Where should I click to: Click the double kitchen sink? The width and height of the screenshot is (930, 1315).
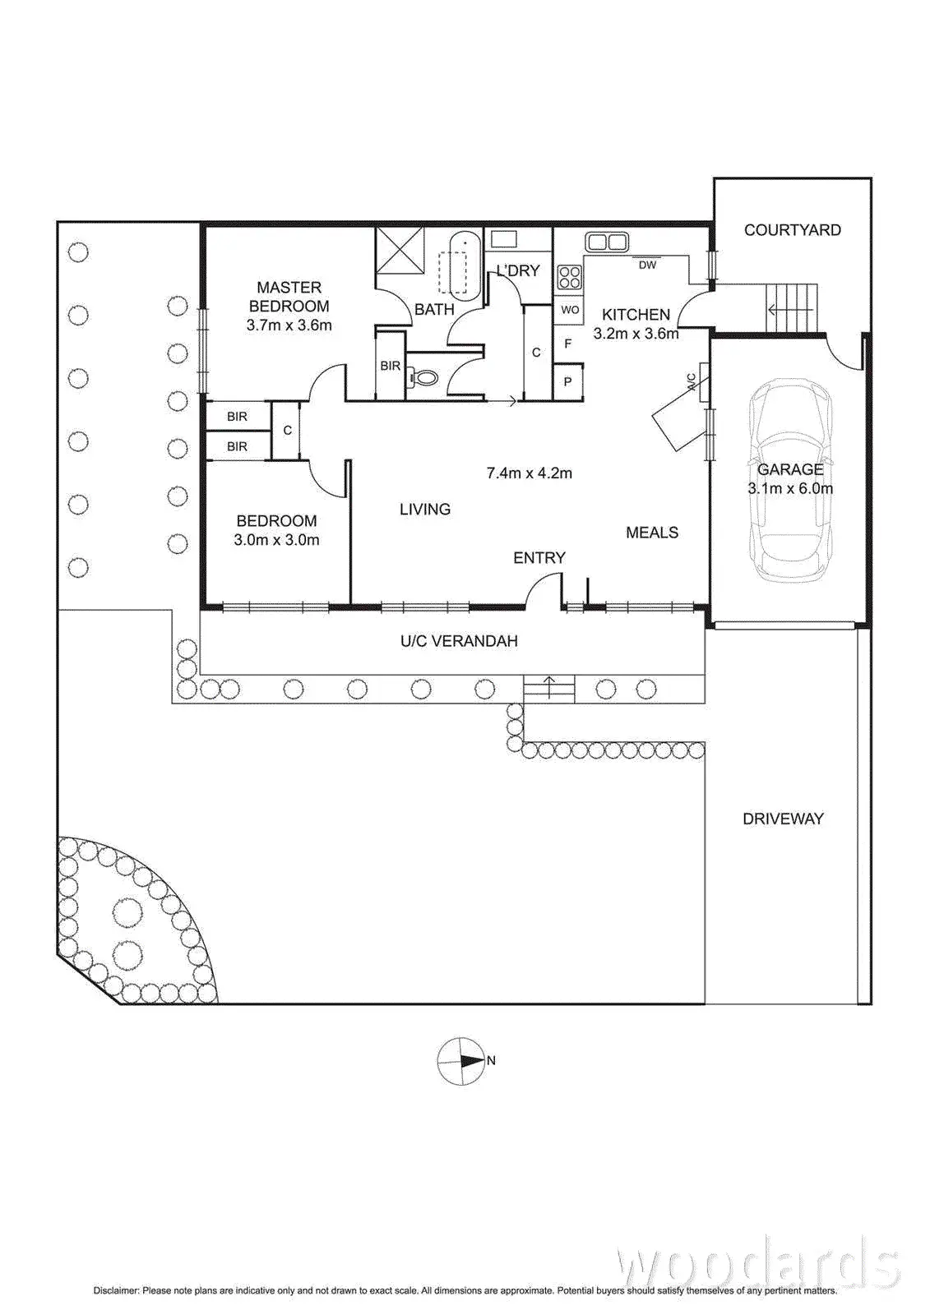pyautogui.click(x=606, y=242)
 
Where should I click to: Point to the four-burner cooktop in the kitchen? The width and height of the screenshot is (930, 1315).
pyautogui.click(x=569, y=277)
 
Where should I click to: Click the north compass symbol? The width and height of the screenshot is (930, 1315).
pyautogui.click(x=462, y=1060)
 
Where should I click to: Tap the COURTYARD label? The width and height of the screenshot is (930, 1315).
pyautogui.click(x=792, y=230)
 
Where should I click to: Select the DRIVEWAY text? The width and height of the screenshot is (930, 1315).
pyautogui.click(x=783, y=819)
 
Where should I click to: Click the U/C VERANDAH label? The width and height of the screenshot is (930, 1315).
pyautogui.click(x=459, y=641)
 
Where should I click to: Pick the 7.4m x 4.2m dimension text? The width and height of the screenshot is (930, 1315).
pyautogui.click(x=529, y=473)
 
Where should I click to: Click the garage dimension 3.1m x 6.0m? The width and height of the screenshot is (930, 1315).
pyautogui.click(x=789, y=488)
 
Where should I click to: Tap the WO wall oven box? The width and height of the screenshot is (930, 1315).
pyautogui.click(x=570, y=310)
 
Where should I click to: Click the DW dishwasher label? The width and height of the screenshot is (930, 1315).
pyautogui.click(x=647, y=265)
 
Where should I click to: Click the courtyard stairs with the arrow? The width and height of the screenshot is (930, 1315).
pyautogui.click(x=792, y=308)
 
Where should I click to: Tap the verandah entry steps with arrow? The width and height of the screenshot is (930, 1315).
pyautogui.click(x=549, y=688)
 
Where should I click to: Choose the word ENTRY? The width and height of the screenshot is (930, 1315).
pyautogui.click(x=539, y=558)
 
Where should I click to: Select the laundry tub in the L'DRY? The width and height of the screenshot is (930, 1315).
pyautogui.click(x=502, y=239)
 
